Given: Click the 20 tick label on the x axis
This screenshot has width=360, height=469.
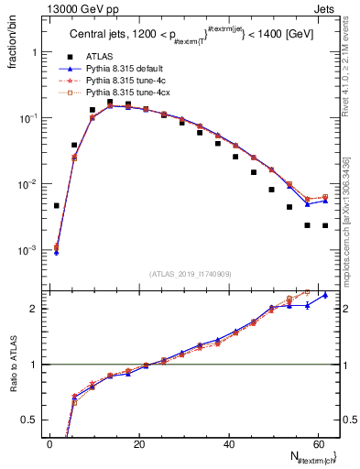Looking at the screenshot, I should [139, 443].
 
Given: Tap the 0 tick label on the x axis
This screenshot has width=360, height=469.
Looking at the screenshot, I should [50, 443].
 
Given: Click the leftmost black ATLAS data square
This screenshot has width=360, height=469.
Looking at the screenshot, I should [57, 205].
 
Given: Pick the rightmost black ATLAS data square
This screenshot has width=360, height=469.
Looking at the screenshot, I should [325, 225].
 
